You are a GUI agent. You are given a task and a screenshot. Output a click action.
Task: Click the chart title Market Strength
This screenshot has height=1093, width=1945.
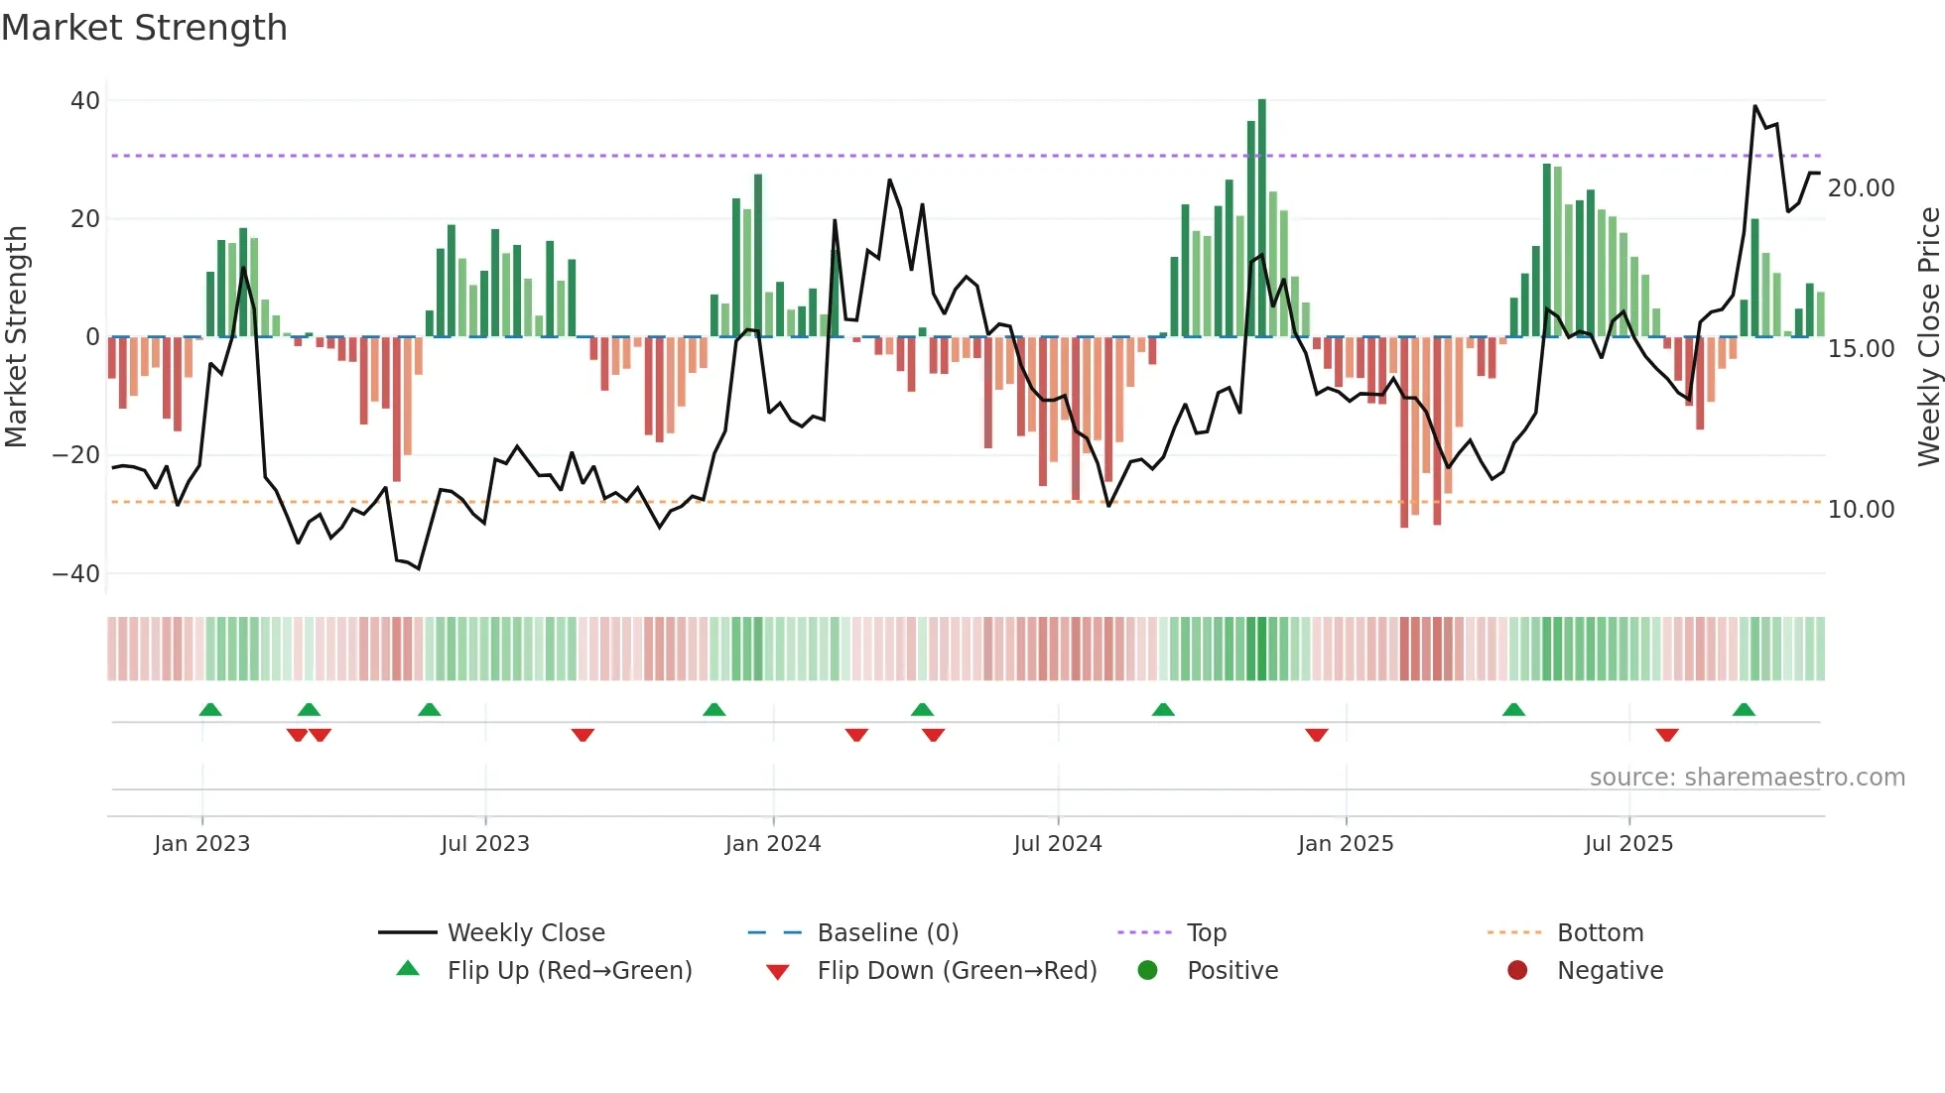[144, 28]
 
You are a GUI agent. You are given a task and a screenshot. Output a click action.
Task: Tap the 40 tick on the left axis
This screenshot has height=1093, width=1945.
[84, 100]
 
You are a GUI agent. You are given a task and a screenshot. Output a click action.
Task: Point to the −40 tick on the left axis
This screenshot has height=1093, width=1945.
[75, 573]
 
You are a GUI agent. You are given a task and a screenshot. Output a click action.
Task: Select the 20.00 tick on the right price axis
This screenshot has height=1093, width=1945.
[1861, 187]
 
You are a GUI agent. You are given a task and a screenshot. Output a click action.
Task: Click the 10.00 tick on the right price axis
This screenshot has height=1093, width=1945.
[1861, 509]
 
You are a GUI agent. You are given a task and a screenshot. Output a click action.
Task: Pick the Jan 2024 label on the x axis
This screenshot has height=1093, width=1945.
[772, 843]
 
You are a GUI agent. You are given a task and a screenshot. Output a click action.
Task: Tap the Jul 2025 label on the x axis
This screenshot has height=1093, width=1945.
[1627, 843]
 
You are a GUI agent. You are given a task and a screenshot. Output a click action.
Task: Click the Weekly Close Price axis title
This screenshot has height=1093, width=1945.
[1927, 336]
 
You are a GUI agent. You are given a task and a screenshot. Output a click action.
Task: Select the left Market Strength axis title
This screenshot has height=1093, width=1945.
[16, 336]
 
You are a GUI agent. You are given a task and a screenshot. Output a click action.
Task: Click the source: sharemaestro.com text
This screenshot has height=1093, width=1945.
[1747, 777]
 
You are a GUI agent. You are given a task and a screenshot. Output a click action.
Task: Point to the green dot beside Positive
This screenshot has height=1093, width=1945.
[1147, 970]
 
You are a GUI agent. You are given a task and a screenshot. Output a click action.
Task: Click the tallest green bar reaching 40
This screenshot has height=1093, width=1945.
[1261, 218]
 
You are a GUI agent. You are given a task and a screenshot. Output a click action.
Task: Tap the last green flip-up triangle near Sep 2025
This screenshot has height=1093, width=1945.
[1744, 709]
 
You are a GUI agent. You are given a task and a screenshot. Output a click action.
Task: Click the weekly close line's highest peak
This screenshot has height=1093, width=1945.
[1754, 106]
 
